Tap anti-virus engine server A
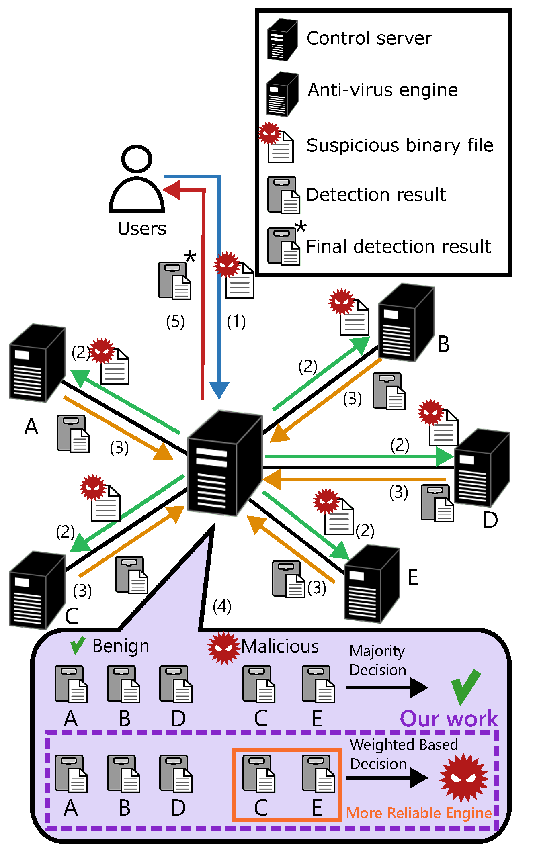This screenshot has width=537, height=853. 37,363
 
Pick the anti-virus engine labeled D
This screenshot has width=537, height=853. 482,468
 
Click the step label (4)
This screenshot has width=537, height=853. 222,606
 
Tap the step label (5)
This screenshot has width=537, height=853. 176,321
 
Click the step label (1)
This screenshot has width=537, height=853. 236,321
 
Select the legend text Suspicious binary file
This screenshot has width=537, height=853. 400,145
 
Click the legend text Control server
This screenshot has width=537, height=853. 369,39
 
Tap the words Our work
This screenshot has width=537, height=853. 449,718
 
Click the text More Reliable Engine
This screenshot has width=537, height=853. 419,813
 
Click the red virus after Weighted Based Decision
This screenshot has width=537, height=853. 464,778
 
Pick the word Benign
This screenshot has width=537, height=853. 121,646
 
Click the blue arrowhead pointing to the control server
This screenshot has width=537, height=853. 219,390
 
